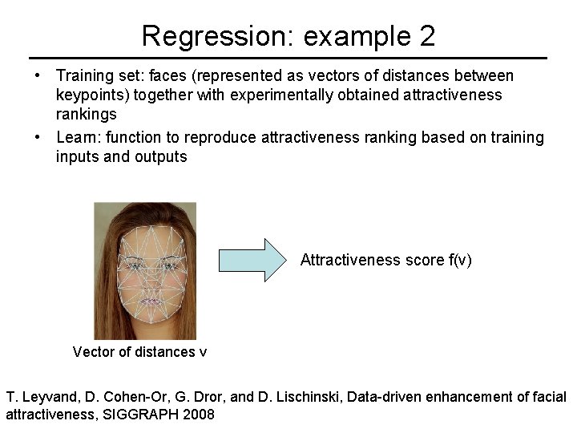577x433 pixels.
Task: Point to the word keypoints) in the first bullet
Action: [91, 95]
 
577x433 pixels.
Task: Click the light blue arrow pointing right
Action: [252, 260]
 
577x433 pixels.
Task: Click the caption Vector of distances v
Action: [139, 352]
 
